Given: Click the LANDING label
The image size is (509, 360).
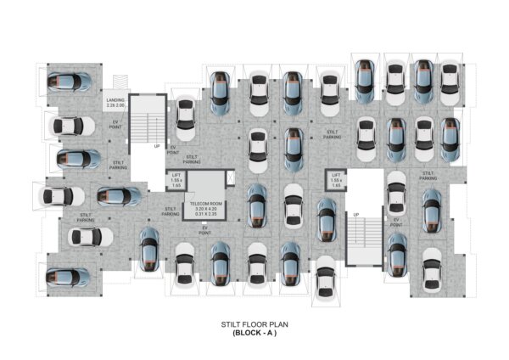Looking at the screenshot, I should pyautogui.click(x=115, y=100).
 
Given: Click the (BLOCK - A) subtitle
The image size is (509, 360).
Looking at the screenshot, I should pyautogui.click(x=255, y=333).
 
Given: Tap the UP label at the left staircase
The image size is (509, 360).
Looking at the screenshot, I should pyautogui.click(x=157, y=146).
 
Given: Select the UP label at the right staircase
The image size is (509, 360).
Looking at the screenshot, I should pyautogui.click(x=356, y=214).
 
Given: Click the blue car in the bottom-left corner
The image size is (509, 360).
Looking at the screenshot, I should pyautogui.click(x=69, y=277).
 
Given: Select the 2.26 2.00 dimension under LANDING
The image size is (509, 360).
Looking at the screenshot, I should pyautogui.click(x=115, y=107).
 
